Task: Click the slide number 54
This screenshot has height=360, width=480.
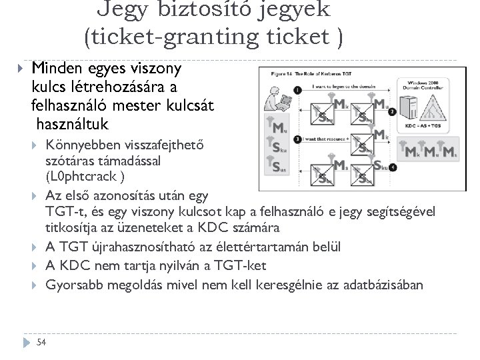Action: coord(41,342)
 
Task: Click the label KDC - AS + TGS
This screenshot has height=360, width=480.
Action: coord(423,125)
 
